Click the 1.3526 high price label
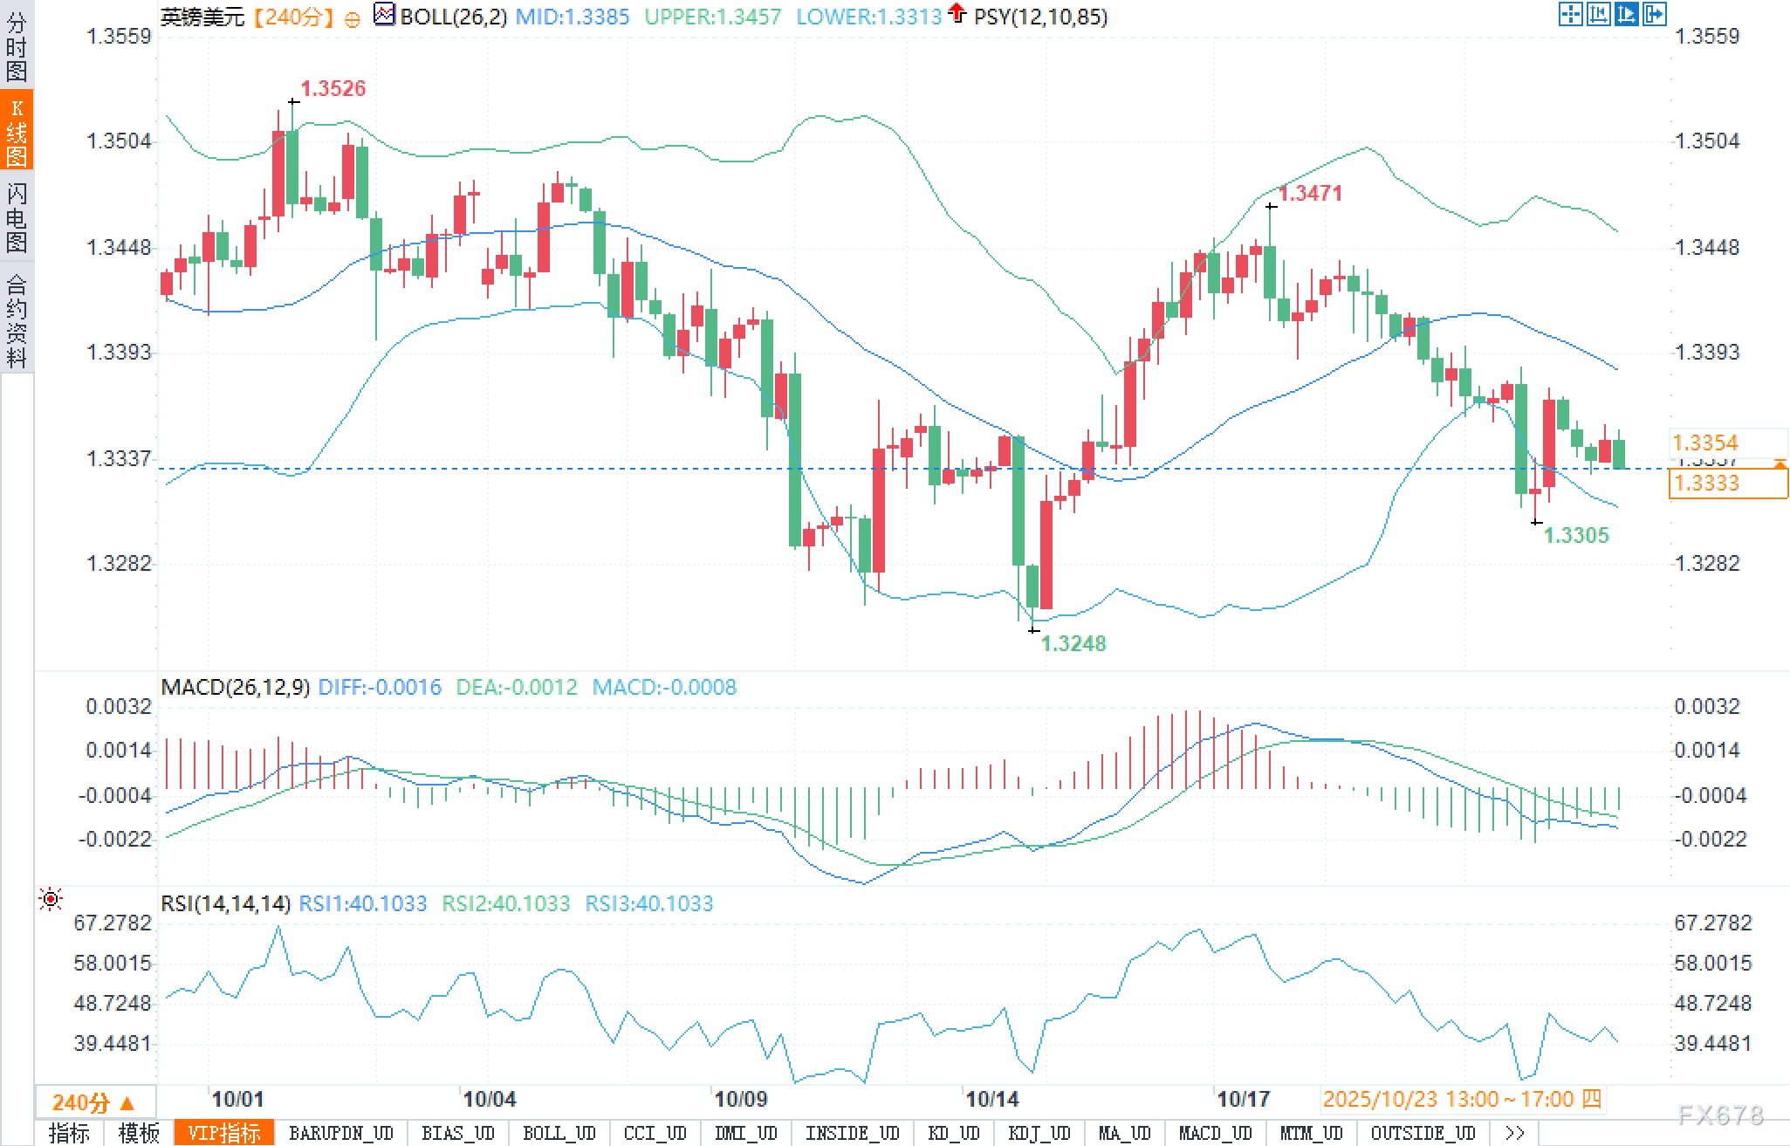[333, 88]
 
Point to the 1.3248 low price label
[1073, 643]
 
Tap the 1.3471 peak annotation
[1310, 193]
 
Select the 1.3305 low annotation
[1575, 535]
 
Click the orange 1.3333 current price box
[1727, 483]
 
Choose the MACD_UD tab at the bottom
[1215, 1133]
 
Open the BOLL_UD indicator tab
[559, 1133]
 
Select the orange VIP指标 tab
[224, 1133]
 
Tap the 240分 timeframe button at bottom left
[93, 1102]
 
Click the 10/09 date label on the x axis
[740, 1099]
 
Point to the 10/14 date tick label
[991, 1099]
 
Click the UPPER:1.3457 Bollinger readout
[712, 17]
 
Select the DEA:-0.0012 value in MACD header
[517, 688]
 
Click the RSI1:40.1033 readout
[362, 903]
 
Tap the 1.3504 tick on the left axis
[119, 141]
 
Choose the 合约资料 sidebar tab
[17, 319]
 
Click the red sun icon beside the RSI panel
[51, 899]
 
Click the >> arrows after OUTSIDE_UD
[1514, 1133]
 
